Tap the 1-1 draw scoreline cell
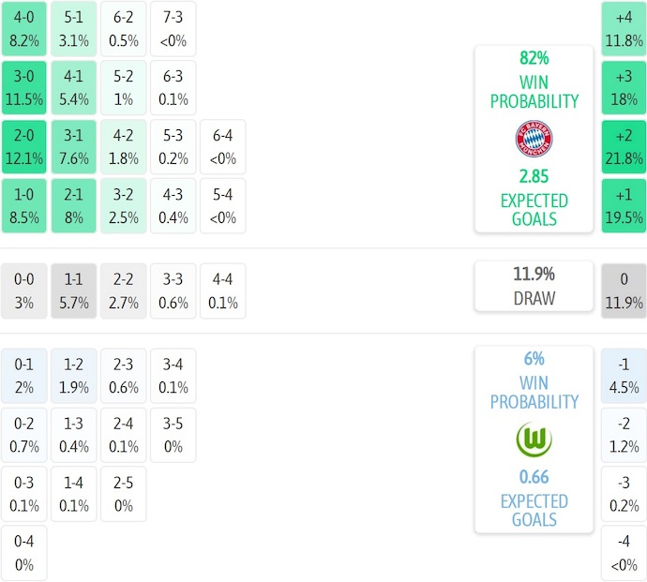coord(73,291)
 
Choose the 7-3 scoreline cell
coord(173,29)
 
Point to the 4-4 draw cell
coord(222,291)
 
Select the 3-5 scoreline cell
coord(173,435)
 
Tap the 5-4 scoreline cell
coord(222,205)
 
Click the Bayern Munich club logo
coord(534,139)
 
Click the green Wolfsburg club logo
coord(534,439)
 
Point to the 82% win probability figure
coord(534,58)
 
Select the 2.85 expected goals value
coord(534,176)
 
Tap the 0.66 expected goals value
coord(534,477)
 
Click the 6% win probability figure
coord(534,359)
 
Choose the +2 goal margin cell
coord(624,146)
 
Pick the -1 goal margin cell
coord(624,376)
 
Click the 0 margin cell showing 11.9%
coord(624,291)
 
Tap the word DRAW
coord(534,299)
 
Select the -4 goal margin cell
coord(624,553)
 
